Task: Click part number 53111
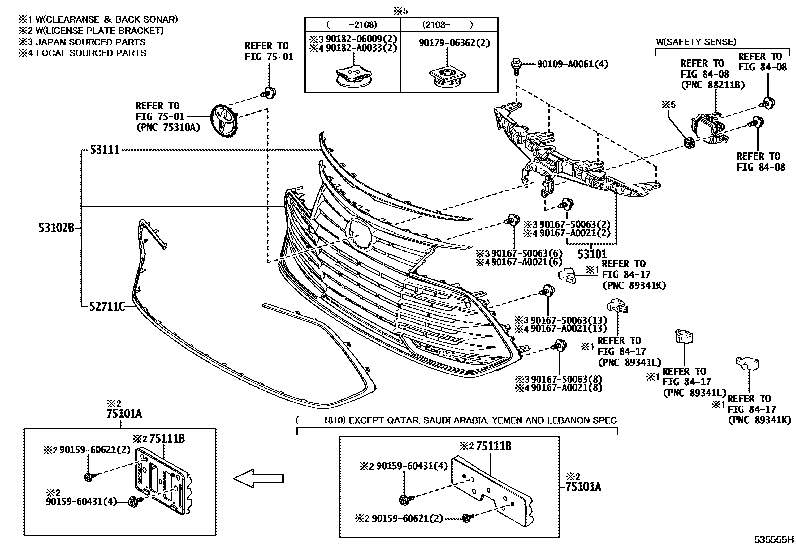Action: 105,149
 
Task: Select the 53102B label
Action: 56,228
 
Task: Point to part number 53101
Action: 592,254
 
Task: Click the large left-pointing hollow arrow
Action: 258,479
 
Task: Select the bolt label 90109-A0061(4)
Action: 573,64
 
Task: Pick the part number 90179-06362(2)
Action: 454,43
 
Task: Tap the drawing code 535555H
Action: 774,540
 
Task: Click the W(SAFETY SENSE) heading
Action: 696,42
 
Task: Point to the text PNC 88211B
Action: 712,85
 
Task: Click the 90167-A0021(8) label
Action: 566,387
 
